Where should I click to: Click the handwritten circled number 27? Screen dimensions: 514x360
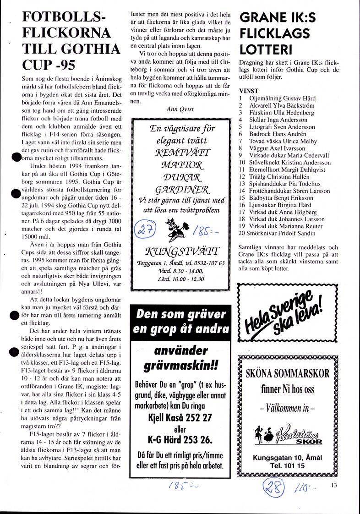click(147, 227)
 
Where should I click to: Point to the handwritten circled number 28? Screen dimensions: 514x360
click(273, 487)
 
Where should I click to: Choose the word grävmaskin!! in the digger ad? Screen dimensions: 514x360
click(180, 366)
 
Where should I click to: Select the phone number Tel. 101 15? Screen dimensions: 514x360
click(288, 465)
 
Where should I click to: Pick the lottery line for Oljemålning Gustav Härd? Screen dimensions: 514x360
click(282, 98)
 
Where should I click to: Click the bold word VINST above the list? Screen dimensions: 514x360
click(249, 91)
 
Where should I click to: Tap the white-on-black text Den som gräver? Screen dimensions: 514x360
click(180, 314)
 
